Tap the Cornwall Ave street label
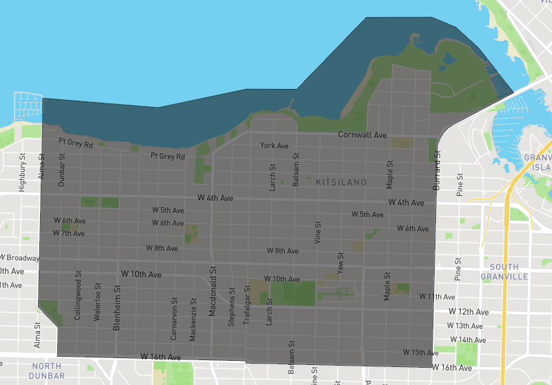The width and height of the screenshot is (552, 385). pyautogui.click(x=362, y=135)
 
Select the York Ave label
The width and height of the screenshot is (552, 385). pyautogui.click(x=274, y=146)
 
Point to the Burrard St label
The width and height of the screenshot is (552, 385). pyautogui.click(x=437, y=172)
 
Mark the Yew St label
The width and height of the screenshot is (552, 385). pyautogui.click(x=340, y=261)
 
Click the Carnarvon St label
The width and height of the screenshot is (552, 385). pyautogui.click(x=173, y=319)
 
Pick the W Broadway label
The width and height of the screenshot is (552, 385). pyautogui.click(x=19, y=258)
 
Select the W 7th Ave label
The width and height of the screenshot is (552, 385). pyautogui.click(x=68, y=233)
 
